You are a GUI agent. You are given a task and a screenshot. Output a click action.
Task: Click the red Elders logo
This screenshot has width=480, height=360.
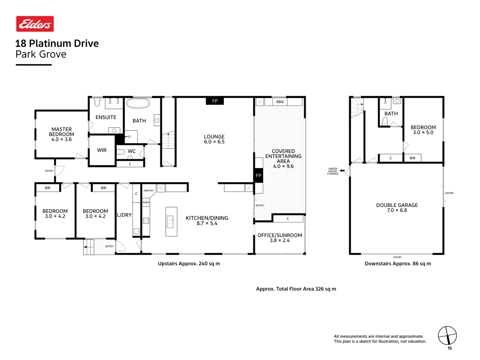tap(35, 24)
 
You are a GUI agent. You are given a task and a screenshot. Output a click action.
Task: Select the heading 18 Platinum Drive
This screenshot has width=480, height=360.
tap(57, 43)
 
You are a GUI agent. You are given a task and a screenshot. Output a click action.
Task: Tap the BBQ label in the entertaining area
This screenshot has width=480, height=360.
tap(280, 102)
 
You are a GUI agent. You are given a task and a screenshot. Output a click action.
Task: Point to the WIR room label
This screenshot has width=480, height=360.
tap(102, 150)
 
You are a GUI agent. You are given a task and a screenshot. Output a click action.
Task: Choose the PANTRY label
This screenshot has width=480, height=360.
tap(149, 191)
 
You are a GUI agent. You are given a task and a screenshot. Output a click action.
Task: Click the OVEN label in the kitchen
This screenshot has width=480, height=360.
tap(146, 202)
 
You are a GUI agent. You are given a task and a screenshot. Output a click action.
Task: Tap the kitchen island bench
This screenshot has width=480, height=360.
tap(171, 222)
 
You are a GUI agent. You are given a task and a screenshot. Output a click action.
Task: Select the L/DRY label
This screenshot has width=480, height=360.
tap(124, 215)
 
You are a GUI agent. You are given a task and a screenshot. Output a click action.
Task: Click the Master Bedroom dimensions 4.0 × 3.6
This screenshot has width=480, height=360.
tap(61, 139)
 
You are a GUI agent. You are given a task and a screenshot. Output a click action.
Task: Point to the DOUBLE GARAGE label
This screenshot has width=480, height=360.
tap(397, 205)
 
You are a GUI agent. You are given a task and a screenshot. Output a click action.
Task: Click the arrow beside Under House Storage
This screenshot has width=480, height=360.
tap(342, 171)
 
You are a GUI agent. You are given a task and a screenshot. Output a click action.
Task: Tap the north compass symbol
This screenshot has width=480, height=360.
tap(447, 336)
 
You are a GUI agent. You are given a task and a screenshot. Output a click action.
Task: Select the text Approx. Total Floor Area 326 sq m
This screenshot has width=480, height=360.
tap(296, 289)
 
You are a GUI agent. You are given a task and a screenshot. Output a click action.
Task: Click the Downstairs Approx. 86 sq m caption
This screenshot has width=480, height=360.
tap(398, 264)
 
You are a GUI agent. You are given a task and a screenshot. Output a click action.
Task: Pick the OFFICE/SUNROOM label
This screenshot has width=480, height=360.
tap(280, 235)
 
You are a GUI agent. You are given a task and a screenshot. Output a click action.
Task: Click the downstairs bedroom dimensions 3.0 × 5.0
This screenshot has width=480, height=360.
tap(423, 132)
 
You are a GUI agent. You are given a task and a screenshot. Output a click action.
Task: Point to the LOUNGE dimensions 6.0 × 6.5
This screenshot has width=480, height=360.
tap(214, 142)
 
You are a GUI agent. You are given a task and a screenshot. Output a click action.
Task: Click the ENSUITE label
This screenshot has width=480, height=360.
tap(106, 117)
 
